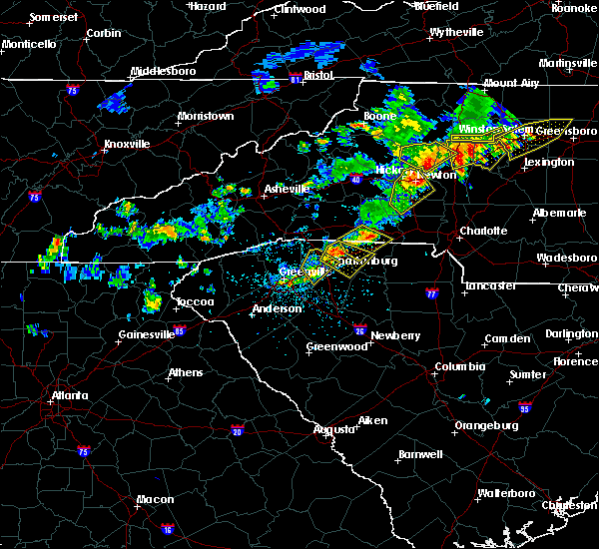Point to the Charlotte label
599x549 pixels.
[x=484, y=231]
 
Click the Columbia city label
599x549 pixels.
[x=459, y=366]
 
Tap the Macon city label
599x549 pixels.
[x=155, y=499]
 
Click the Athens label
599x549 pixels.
[x=185, y=373]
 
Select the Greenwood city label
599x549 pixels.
[x=337, y=346]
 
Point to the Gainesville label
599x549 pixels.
[x=147, y=334]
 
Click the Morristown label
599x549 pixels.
[x=205, y=116]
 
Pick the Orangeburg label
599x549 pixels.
[x=486, y=425]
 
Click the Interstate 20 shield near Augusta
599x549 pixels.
[x=237, y=430]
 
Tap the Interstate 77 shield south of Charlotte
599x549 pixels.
[x=431, y=294]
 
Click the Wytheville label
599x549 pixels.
[x=457, y=32]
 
